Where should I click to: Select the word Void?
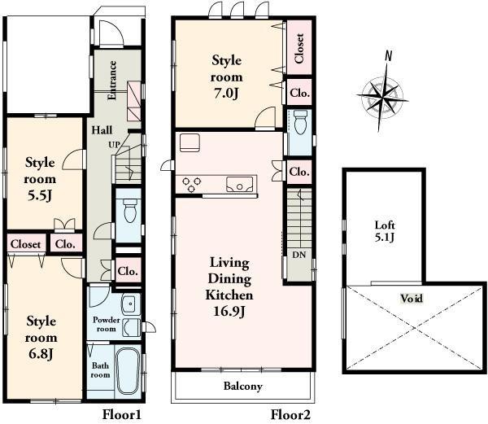click(412, 298)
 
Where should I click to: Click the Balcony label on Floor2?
click(242, 387)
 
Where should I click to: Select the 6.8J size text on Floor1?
click(40, 352)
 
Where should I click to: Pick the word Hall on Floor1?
click(102, 130)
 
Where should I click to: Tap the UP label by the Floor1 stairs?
click(115, 144)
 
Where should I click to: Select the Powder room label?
click(106, 324)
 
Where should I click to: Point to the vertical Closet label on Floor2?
click(300, 48)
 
